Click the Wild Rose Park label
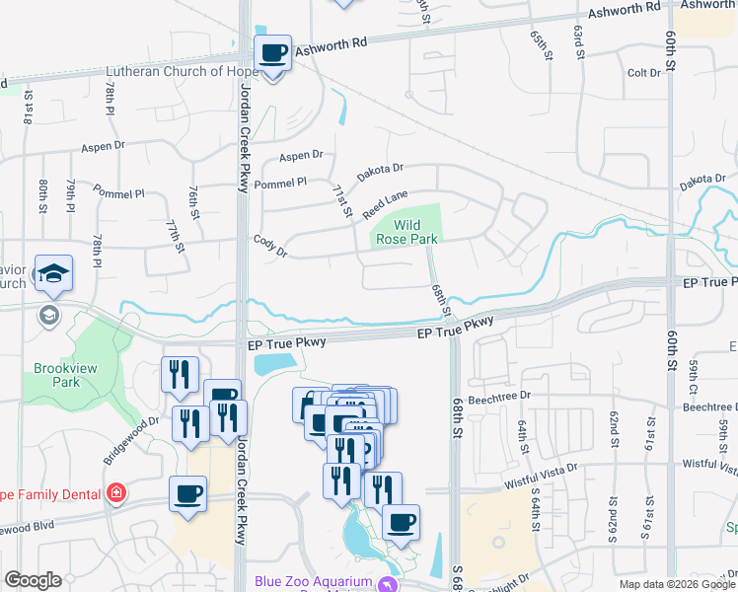(x=407, y=233)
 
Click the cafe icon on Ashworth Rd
(x=273, y=53)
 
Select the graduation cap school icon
(x=53, y=274)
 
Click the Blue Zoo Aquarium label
(x=312, y=581)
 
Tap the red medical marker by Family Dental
(x=116, y=491)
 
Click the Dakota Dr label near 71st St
(x=381, y=171)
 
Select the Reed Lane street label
(x=385, y=206)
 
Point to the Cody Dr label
(x=269, y=246)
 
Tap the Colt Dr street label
(x=643, y=73)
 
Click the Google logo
(x=34, y=580)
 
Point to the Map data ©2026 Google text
(x=676, y=584)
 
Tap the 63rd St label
(x=578, y=41)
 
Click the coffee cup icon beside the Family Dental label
(x=187, y=494)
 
